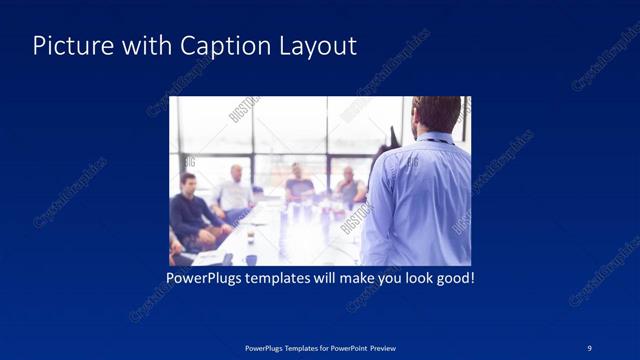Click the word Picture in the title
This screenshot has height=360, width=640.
68,46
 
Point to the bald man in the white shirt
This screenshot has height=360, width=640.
234,190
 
